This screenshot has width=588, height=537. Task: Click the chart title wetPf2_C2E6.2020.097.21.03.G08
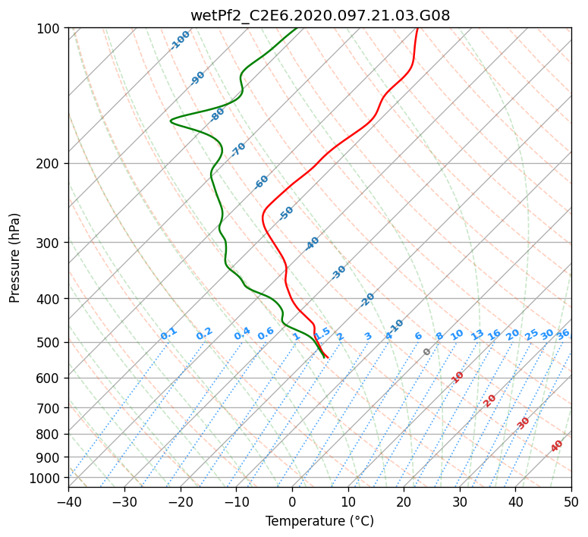coord(320,15)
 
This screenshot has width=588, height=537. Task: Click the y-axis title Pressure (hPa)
coord(14,258)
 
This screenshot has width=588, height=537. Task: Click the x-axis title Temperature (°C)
coord(320,521)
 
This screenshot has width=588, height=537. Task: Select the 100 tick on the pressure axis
coord(49,29)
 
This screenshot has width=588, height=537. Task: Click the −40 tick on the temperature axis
coord(68,502)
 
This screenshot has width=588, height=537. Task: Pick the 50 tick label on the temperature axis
coord(571,502)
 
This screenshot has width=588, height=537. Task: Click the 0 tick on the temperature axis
coord(293,502)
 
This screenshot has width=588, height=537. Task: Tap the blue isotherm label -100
coord(180,40)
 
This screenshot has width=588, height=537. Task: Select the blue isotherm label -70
coord(238,149)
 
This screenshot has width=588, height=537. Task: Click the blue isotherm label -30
coord(338,272)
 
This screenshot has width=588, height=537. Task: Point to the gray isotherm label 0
coord(426,352)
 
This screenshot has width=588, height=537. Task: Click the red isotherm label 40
coord(557,446)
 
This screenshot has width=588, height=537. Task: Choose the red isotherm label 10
coord(458,378)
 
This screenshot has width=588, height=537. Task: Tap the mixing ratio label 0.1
coord(168,334)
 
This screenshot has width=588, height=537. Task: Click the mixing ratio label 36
coord(563,334)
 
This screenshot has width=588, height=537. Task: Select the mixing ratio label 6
coord(419,336)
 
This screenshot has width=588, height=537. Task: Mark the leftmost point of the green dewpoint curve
coord(171,121)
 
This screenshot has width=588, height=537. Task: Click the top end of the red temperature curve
coord(418,28)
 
